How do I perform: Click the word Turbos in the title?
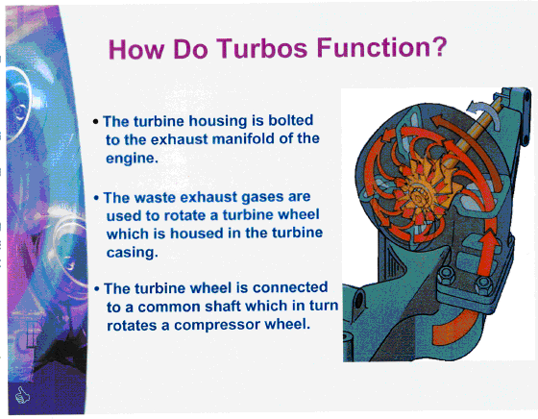(x=261, y=48)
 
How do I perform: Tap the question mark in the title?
(x=438, y=46)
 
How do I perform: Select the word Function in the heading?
(x=373, y=47)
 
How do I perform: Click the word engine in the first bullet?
(x=131, y=159)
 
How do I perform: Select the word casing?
(x=131, y=253)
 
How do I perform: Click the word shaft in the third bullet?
(x=222, y=306)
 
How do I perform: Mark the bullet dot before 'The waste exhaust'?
(x=96, y=198)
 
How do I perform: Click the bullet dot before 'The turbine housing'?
(x=96, y=122)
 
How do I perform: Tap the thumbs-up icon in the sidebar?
(x=23, y=395)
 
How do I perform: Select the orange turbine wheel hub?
(x=418, y=197)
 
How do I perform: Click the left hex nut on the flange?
(x=447, y=275)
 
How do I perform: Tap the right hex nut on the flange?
(x=484, y=284)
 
